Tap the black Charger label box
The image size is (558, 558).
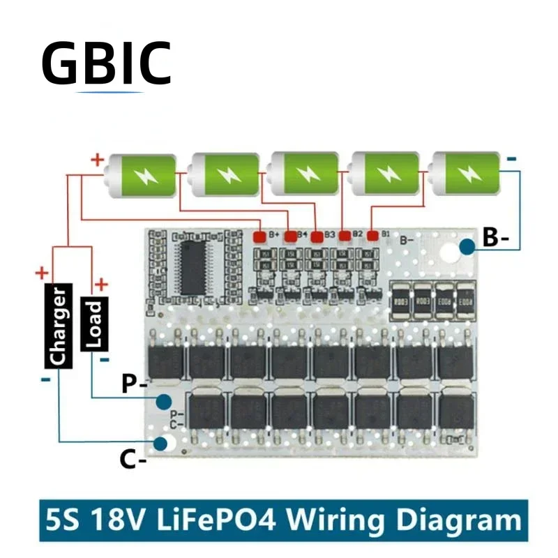coord(59,326)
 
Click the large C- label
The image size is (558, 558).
coord(132,459)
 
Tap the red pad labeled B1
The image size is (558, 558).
coord(372,236)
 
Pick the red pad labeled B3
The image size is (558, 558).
coord(317,236)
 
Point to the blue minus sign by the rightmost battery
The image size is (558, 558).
coord(513,160)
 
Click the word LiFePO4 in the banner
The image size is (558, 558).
coord(227,520)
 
